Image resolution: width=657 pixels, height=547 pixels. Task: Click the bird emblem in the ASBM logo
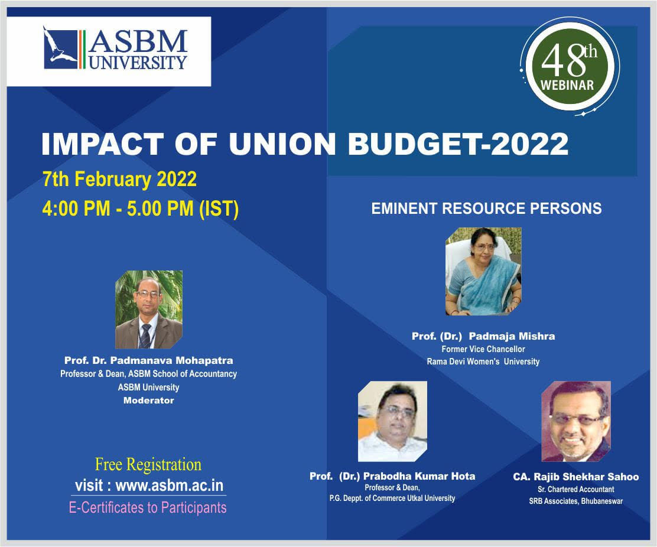coord(60,47)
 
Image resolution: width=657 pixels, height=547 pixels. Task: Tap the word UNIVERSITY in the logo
coord(138,62)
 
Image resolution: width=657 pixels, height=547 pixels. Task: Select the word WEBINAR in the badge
coord(567,85)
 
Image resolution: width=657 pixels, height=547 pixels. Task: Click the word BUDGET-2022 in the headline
coord(458,144)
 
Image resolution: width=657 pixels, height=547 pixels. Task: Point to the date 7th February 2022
coord(119,180)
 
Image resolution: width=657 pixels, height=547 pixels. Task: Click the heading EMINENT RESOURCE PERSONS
coord(486,209)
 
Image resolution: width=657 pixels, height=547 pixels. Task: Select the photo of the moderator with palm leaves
coord(149,310)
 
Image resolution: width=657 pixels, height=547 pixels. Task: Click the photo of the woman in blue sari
coord(483,271)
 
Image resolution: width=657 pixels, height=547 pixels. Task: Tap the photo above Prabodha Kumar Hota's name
coord(392,421)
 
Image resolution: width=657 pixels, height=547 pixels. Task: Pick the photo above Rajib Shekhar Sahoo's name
coord(576,421)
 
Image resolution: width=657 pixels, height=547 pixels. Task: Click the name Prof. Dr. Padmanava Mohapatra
coord(148,360)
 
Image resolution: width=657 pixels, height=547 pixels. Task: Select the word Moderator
coord(148,401)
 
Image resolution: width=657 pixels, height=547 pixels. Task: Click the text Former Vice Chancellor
coord(483,349)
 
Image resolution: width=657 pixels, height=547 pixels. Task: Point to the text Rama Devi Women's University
coord(483,362)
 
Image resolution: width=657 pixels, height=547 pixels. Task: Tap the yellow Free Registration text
coord(148,464)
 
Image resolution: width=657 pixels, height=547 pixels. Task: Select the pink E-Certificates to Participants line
coord(148,507)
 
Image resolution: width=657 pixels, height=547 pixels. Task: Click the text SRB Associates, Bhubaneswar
coord(575,502)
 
